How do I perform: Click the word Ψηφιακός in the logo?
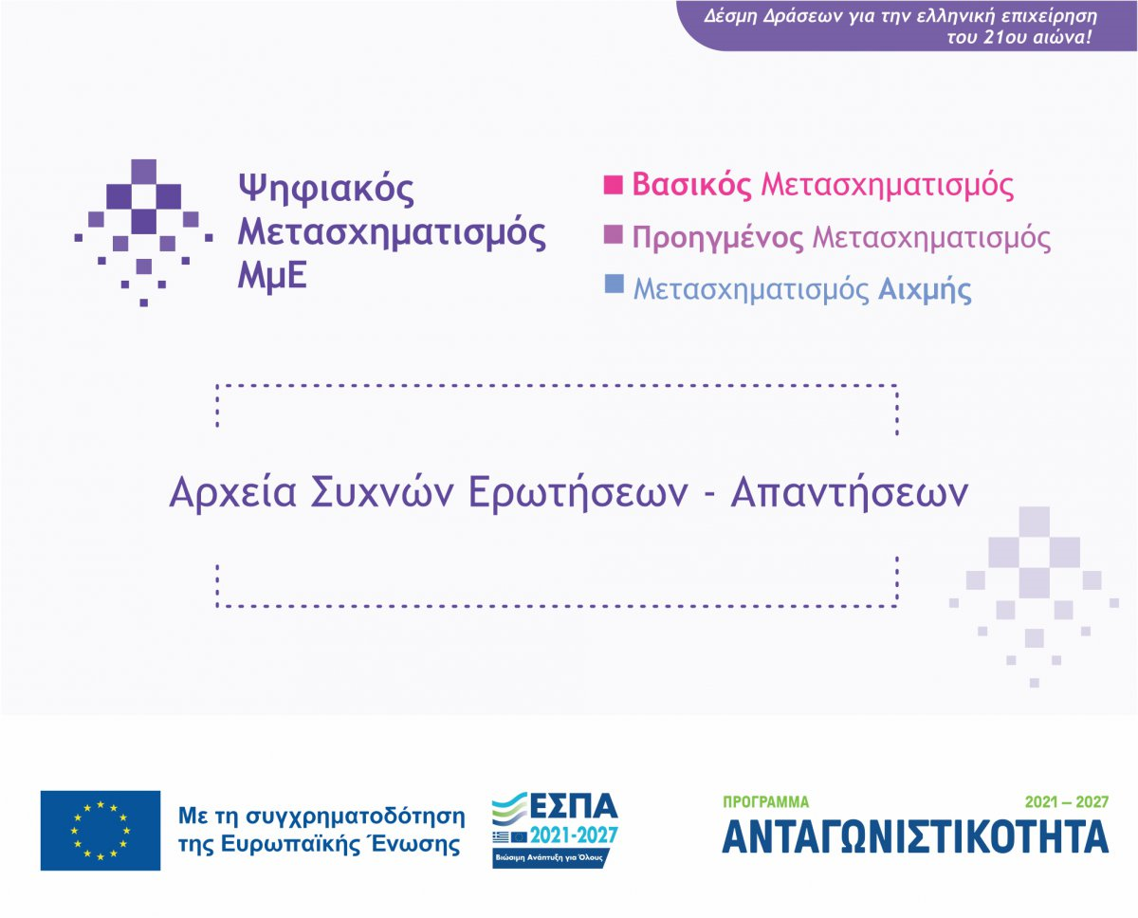point(325,189)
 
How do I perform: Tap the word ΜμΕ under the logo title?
point(272,276)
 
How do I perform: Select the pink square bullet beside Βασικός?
point(613,185)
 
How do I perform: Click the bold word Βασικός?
point(691,185)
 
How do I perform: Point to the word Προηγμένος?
point(718,237)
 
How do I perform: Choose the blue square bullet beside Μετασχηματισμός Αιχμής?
point(614,284)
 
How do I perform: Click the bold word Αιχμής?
point(925,289)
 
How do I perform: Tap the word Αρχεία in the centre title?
point(232,493)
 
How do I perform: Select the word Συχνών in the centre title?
point(381,493)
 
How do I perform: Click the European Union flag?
point(101,830)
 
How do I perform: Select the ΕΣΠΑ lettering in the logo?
point(573,806)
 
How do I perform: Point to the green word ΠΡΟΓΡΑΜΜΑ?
point(765,802)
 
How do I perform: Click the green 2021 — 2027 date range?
point(1067,802)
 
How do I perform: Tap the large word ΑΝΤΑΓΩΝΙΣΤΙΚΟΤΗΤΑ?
point(915,837)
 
